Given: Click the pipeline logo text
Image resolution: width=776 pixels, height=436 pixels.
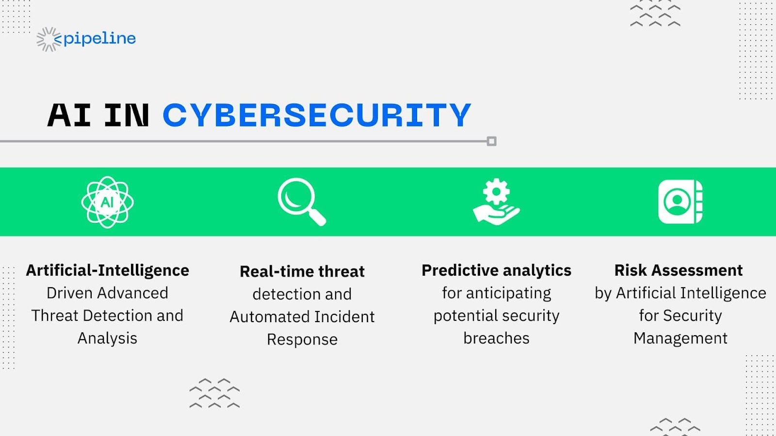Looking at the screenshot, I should pos(99,39).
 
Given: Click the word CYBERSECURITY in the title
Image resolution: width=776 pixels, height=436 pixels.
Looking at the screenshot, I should pos(317,115).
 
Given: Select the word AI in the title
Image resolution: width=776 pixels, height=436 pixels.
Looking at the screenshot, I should pos(69,115).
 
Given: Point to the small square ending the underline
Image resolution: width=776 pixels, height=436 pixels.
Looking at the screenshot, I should pos(491,141).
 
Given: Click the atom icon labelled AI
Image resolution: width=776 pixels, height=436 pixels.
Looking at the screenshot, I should pos(107,202).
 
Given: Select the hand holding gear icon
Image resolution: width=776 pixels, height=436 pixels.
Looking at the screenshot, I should pos(496,202).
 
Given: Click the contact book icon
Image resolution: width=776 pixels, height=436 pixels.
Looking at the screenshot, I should pos(680,202).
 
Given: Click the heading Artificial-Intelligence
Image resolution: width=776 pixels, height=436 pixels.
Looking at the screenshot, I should pos(107,270).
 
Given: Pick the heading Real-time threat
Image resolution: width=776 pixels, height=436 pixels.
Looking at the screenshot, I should pos(302,271).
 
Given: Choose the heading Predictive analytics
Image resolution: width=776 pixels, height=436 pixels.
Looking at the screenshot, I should pos(496,270).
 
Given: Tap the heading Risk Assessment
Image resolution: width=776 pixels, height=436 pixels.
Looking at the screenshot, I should pos(678,270).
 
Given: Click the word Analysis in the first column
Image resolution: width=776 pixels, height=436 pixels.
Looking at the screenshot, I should pos(107,338).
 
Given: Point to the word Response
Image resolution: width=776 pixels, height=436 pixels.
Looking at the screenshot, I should pos(302,340).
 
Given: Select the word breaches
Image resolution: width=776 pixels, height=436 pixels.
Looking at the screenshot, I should pos(496,338).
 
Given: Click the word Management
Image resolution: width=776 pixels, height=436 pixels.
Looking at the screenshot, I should pos(680,338).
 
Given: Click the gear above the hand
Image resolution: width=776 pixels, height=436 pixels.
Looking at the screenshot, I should pos(496,191).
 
